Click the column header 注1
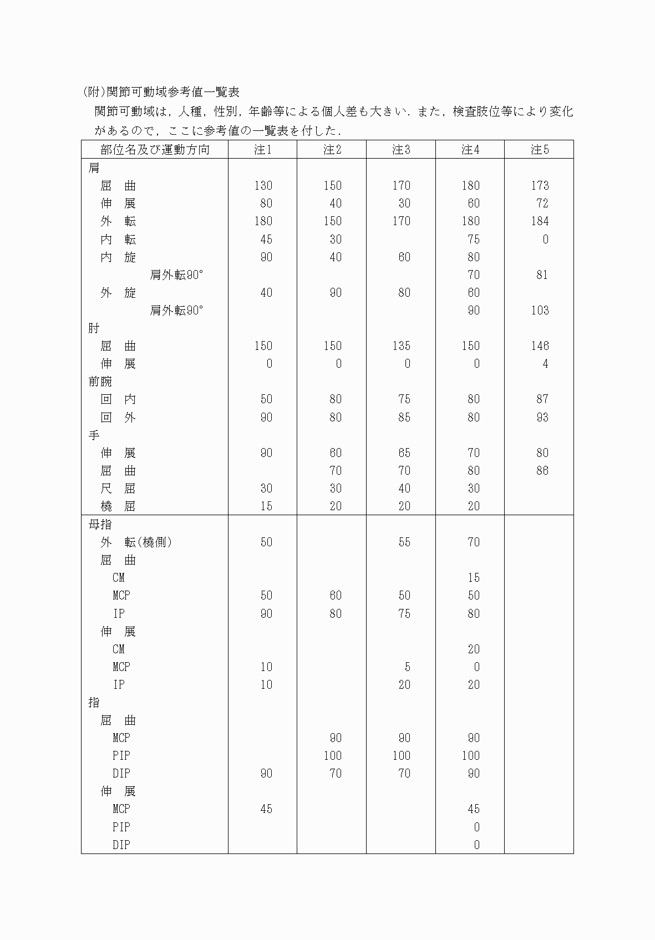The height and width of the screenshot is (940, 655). click(x=262, y=150)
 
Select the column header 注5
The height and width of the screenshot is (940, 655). click(x=539, y=150)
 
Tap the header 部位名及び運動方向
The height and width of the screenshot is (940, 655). click(x=155, y=150)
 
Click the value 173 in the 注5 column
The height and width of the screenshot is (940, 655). click(x=540, y=186)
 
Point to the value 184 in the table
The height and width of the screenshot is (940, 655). click(x=540, y=221)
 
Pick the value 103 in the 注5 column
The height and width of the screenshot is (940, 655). click(x=540, y=311)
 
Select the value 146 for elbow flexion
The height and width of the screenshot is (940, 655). click(x=540, y=346)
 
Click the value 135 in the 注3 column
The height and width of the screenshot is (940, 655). click(x=401, y=346)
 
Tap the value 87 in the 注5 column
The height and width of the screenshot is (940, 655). click(x=542, y=399)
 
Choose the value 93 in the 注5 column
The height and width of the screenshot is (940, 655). click(x=542, y=417)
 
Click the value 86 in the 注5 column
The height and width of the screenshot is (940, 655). click(x=542, y=471)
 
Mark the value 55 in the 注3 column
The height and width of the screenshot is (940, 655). click(x=404, y=542)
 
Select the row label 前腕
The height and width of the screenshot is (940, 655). click(x=100, y=382)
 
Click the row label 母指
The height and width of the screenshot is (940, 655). click(x=100, y=524)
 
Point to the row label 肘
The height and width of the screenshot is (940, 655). click(x=94, y=328)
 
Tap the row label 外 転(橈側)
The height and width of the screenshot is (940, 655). click(x=136, y=542)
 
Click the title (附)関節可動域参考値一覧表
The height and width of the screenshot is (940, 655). click(x=160, y=92)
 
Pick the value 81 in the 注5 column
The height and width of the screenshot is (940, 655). click(x=542, y=275)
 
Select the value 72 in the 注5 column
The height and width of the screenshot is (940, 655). click(x=542, y=204)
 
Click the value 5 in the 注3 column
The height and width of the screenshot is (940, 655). click(x=407, y=667)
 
